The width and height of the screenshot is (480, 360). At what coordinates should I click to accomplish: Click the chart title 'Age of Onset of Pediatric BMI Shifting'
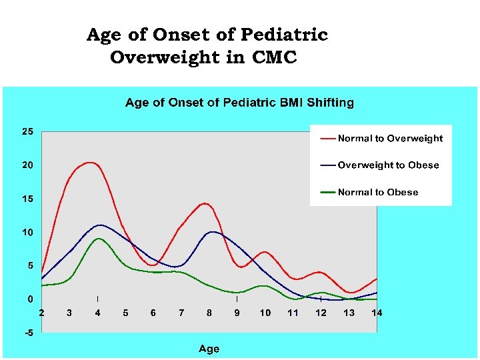click(239, 103)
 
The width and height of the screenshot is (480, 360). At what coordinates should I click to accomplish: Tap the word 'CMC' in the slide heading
click(274, 58)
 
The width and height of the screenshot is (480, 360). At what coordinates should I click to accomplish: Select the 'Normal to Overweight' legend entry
click(390, 139)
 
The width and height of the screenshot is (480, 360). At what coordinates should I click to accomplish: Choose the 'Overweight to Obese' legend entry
click(388, 165)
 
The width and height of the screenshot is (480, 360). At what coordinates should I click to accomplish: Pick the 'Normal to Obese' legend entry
click(378, 192)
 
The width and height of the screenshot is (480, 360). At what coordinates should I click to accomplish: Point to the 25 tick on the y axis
click(27, 131)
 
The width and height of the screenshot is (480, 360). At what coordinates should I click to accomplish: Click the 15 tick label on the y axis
click(27, 199)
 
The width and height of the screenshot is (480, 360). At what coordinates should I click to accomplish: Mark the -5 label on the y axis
click(28, 333)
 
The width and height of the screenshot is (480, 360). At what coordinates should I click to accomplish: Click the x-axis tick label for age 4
click(97, 313)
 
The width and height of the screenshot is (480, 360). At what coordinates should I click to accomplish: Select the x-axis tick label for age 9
click(237, 313)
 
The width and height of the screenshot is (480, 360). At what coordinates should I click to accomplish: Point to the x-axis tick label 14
click(377, 313)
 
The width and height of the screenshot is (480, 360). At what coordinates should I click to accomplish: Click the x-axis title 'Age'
click(209, 349)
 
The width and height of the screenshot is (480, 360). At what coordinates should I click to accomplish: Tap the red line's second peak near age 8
click(205, 203)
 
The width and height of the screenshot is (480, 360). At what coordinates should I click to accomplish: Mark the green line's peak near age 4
click(99, 238)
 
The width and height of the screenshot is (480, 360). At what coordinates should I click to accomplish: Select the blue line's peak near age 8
click(212, 231)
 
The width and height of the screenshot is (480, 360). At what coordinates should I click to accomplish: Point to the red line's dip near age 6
click(153, 265)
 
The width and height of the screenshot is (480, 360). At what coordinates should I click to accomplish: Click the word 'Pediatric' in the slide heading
click(285, 35)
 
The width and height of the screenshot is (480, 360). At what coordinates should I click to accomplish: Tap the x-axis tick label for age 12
click(321, 313)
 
